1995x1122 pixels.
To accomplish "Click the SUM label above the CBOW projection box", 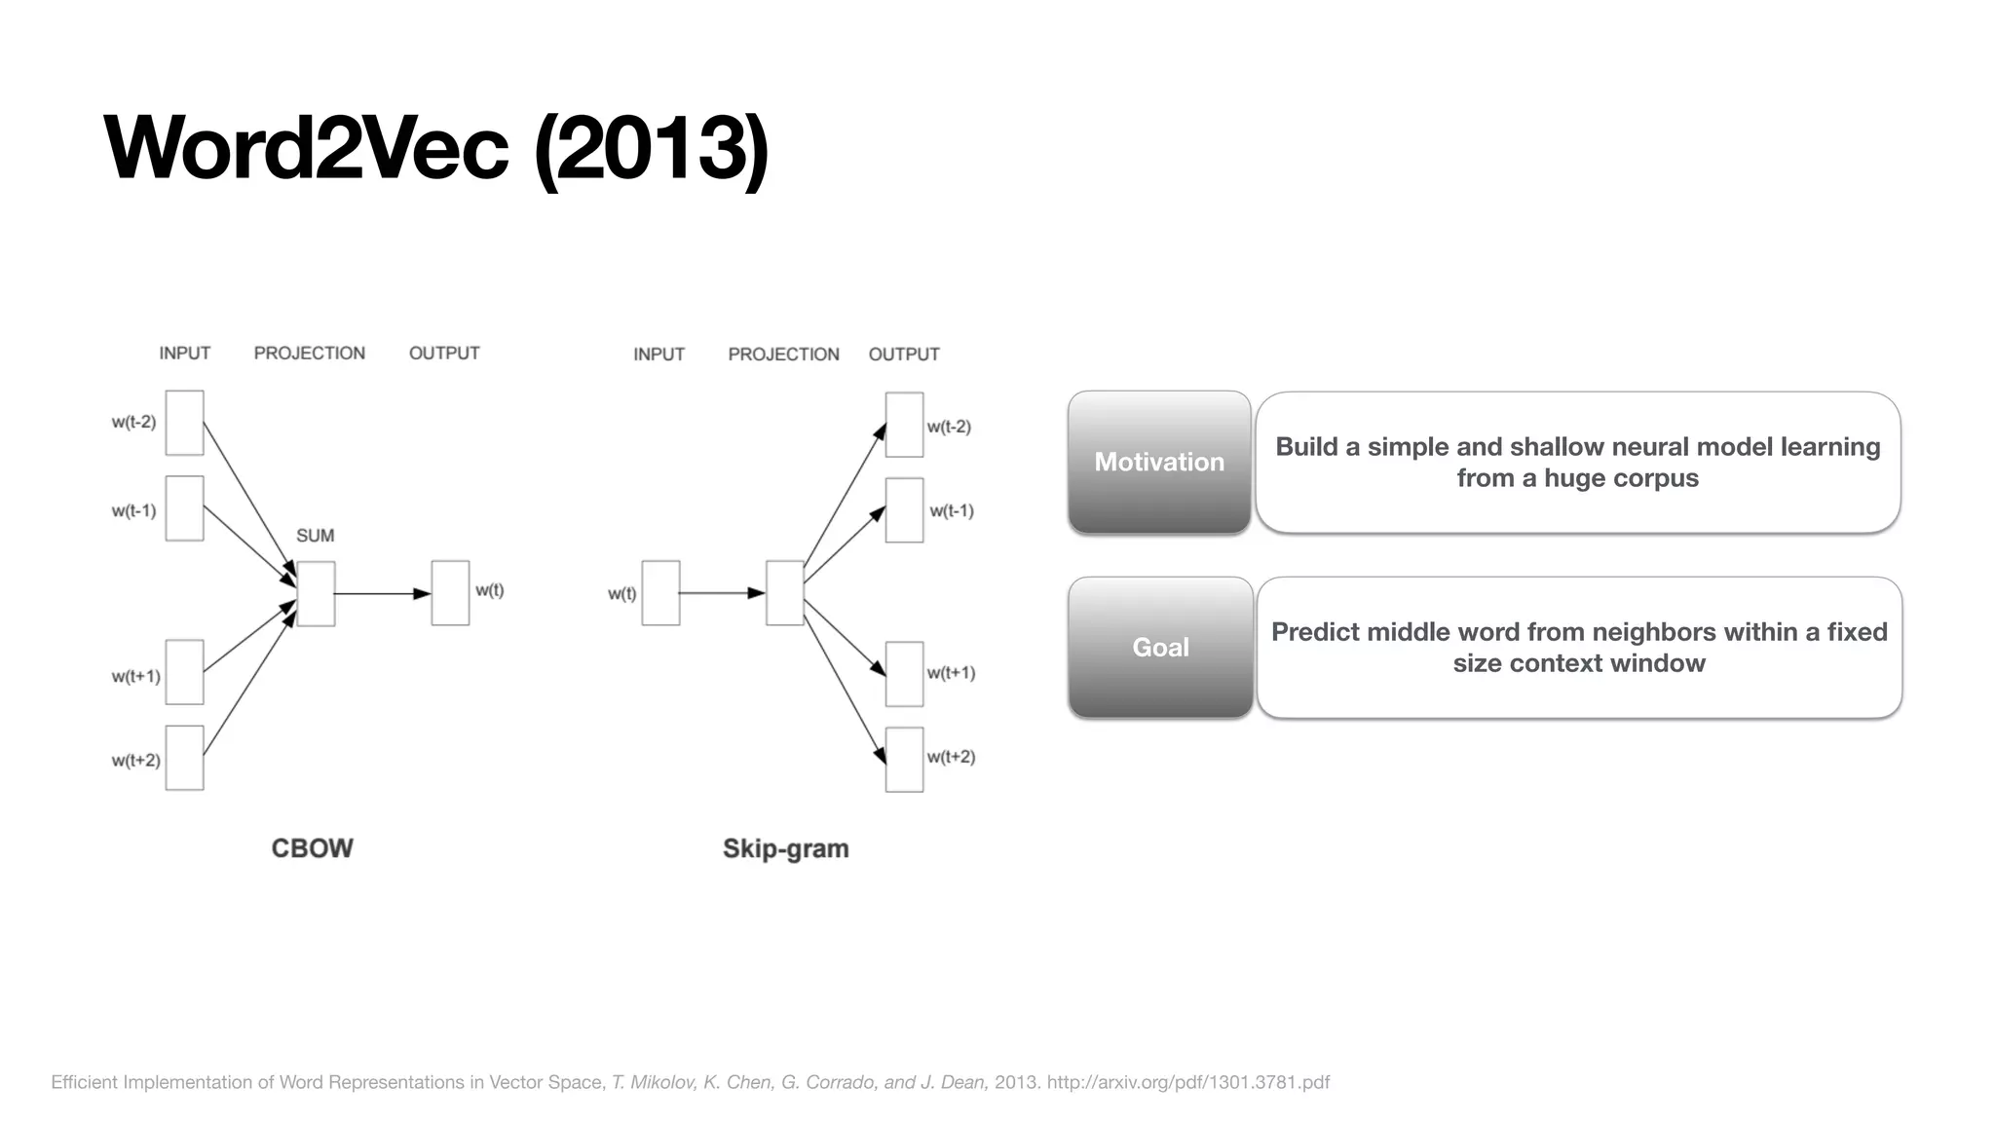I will [315, 536].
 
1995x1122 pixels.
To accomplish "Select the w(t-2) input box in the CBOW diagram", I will [184, 423].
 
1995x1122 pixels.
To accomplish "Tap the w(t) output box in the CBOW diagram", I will [450, 593].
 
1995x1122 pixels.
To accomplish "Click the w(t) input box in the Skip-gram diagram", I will [660, 593].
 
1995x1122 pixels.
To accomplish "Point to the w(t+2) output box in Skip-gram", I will [904, 760].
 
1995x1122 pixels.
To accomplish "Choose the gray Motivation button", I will [1159, 463].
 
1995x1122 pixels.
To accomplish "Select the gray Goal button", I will [1160, 648].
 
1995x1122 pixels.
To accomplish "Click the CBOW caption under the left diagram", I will [312, 848].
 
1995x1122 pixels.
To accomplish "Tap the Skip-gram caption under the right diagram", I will [785, 849].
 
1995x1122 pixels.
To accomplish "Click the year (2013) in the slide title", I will [652, 148].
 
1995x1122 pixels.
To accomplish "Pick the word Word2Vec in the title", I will [306, 148].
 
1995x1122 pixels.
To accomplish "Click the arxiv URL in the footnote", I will [1187, 1082].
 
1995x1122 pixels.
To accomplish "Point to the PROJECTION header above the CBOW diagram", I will [309, 354].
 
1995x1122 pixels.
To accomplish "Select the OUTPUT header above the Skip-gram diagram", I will [904, 355].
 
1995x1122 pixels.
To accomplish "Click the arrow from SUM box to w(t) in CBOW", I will [382, 593].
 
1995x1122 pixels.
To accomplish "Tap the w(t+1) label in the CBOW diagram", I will [135, 676].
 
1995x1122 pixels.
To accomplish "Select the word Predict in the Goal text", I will [1316, 632].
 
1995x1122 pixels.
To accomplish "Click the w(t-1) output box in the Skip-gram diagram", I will [904, 510].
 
